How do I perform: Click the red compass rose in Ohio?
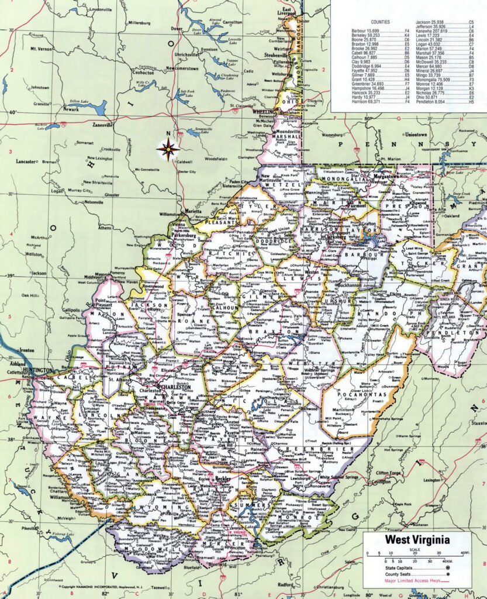point(168,150)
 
